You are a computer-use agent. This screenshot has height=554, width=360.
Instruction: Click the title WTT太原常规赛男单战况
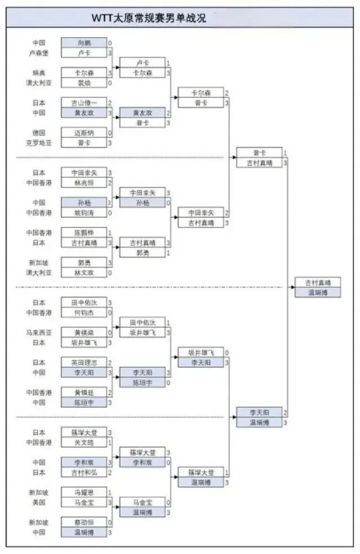pyautogui.click(x=149, y=18)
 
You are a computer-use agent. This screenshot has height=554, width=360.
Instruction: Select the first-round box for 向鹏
pyautogui.click(x=83, y=43)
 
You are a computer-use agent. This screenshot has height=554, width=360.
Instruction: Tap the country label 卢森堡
pyautogui.click(x=38, y=53)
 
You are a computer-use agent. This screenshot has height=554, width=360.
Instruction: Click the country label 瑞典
pyautogui.click(x=38, y=73)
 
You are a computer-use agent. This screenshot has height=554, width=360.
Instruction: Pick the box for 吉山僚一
pyautogui.click(x=83, y=103)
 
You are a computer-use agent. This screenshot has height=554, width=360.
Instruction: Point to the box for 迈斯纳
pyautogui.click(x=83, y=133)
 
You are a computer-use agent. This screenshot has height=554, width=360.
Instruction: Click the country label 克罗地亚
pyautogui.click(x=38, y=143)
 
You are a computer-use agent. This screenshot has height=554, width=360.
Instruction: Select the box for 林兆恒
pyautogui.click(x=83, y=183)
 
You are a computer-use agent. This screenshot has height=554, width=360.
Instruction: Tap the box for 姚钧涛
pyautogui.click(x=83, y=213)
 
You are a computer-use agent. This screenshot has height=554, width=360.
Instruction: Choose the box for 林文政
pyautogui.click(x=83, y=273)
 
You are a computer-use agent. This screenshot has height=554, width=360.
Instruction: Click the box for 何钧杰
pyautogui.click(x=83, y=313)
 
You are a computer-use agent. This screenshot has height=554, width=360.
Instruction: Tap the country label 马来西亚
pyautogui.click(x=38, y=332)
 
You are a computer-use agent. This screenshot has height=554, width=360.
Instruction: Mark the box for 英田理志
pyautogui.click(x=83, y=363)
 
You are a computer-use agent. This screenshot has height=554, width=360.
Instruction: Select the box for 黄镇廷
pyautogui.click(x=83, y=393)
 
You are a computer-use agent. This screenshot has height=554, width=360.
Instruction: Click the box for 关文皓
pyautogui.click(x=83, y=443)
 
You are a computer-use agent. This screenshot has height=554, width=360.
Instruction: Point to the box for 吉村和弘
pyautogui.click(x=83, y=472)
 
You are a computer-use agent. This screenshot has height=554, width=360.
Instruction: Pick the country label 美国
pyautogui.click(x=38, y=502)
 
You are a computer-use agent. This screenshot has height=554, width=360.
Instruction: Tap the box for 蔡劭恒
pyautogui.click(x=83, y=522)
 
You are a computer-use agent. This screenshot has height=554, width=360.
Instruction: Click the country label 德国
pyautogui.click(x=38, y=133)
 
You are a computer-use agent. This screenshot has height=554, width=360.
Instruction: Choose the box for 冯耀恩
pyautogui.click(x=83, y=492)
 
